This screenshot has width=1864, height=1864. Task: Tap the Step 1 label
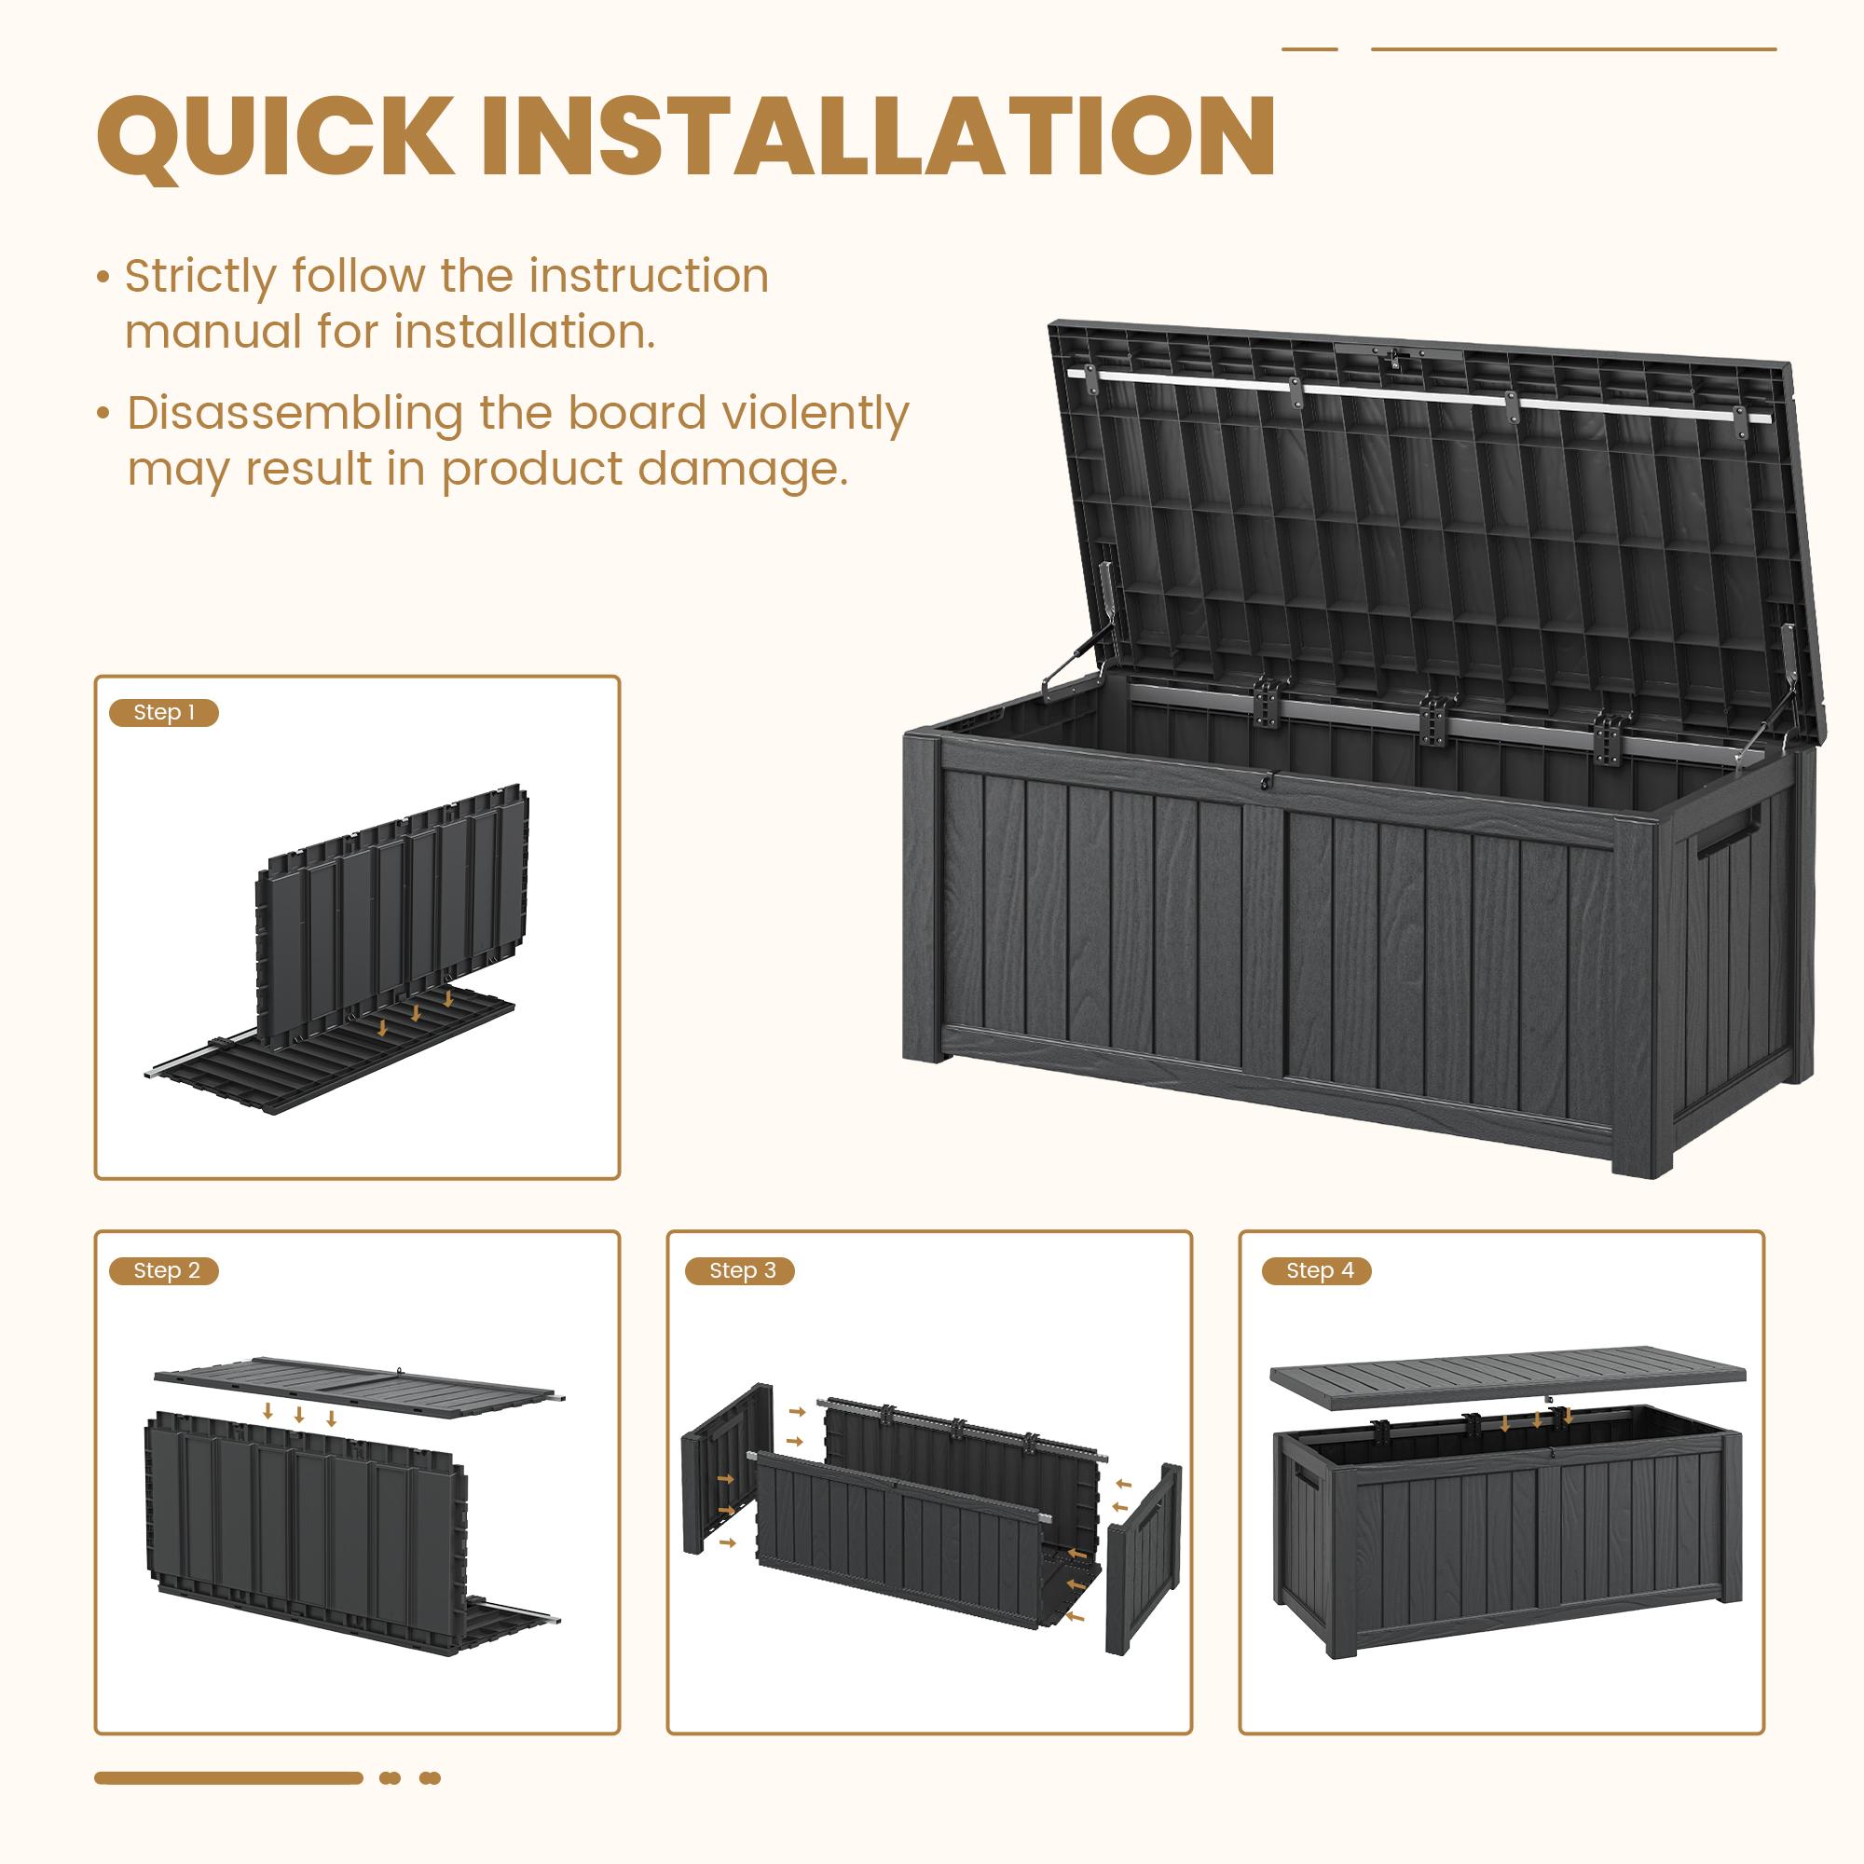[x=164, y=713]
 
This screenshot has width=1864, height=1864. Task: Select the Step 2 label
[x=166, y=1270]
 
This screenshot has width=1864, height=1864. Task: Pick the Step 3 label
[x=742, y=1270]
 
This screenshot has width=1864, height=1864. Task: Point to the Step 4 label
[x=1320, y=1270]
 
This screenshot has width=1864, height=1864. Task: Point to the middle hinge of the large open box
[x=1436, y=719]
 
